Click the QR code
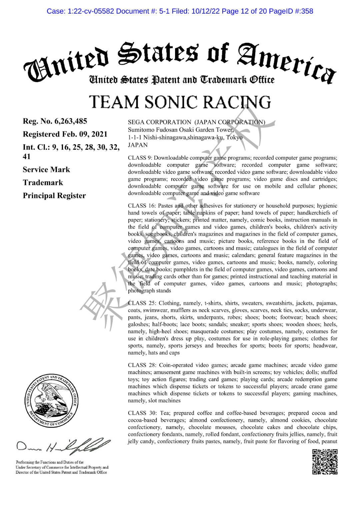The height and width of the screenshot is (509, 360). click(325, 462)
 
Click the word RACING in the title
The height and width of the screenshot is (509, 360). click(237, 102)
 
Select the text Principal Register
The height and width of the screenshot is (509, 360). click(54, 196)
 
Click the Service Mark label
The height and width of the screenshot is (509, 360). click(46, 170)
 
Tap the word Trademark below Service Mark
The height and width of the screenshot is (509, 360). click(43, 183)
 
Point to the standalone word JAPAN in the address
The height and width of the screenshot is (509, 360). click(138, 145)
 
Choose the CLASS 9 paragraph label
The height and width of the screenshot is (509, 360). click(139, 158)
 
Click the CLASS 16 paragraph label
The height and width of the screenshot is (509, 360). click(141, 206)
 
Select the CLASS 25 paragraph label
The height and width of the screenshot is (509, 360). click(142, 303)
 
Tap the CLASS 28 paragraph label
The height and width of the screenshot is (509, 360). click(142, 365)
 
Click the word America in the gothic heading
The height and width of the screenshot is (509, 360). click(287, 62)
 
